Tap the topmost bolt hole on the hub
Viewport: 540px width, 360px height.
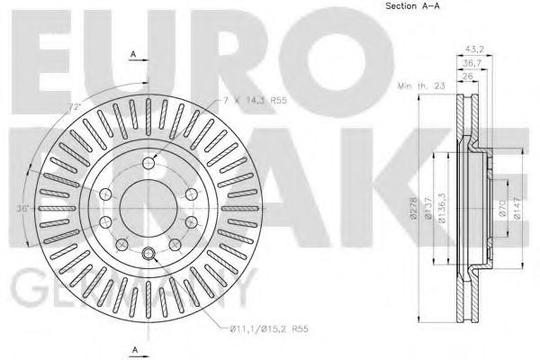[x=147, y=160]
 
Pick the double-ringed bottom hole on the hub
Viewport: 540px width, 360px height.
[x=147, y=250]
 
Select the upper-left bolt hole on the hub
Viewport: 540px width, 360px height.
[x=108, y=193]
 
